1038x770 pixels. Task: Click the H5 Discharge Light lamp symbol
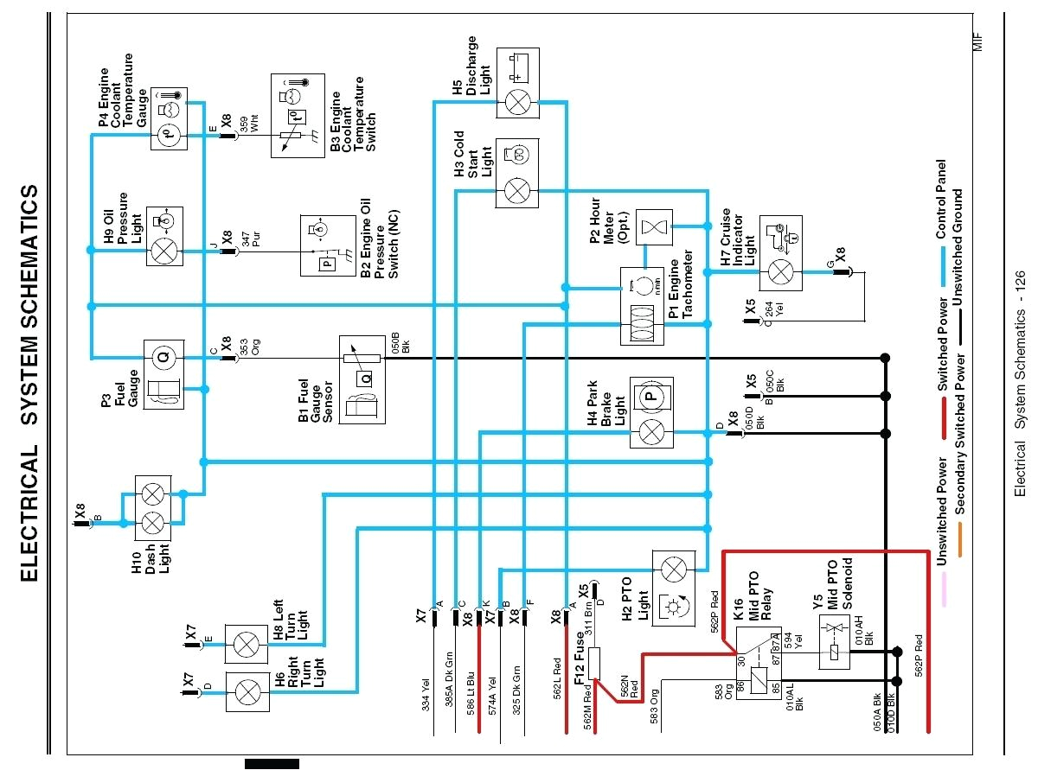point(517,102)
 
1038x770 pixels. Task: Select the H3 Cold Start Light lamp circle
point(517,189)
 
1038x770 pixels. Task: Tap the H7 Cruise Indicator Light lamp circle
point(780,272)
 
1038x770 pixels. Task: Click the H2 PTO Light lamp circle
point(673,570)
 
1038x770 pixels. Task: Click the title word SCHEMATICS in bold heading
point(30,258)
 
